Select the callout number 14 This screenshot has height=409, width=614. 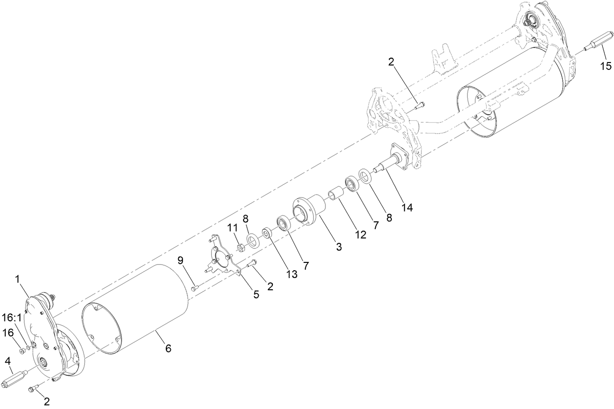(x=407, y=207)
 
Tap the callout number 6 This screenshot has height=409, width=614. (x=168, y=348)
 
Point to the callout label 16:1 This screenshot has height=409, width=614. (x=12, y=317)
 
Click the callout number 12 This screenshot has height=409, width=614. (x=360, y=235)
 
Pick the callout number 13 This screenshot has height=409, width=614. (x=292, y=274)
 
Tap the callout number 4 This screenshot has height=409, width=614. (x=8, y=361)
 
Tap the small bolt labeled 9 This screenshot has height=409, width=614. (x=194, y=289)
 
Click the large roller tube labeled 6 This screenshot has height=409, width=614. (x=137, y=308)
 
